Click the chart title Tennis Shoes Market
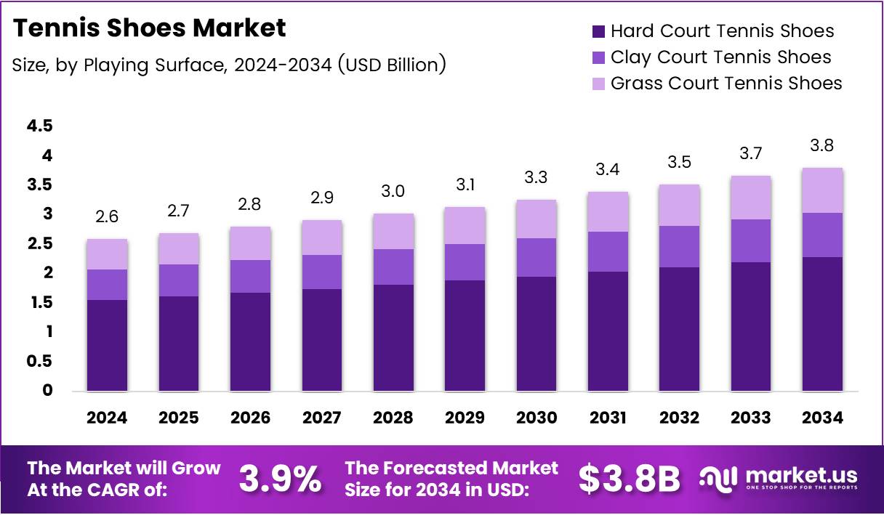(x=150, y=28)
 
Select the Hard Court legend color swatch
(x=598, y=31)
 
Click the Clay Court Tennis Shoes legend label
(x=720, y=57)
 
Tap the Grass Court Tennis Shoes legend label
(x=726, y=84)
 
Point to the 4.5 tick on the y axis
(x=40, y=126)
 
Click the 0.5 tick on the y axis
(x=40, y=361)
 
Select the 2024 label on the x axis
(x=107, y=418)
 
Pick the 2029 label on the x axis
(x=465, y=418)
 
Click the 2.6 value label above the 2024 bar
(x=107, y=216)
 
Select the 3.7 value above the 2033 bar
(x=752, y=153)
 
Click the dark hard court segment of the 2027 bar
(x=322, y=340)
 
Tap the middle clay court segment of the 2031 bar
(x=608, y=251)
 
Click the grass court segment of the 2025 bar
(x=178, y=248)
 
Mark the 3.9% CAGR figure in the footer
(x=280, y=479)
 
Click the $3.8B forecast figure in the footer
(x=630, y=479)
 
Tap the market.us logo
(x=779, y=478)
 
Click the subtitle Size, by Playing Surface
(x=229, y=65)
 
